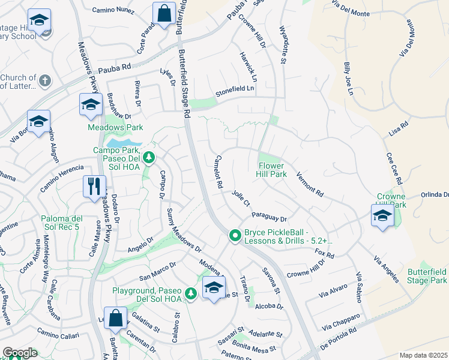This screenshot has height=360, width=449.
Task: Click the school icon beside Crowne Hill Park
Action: (382, 215)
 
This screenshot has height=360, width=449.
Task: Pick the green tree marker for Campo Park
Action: (149, 158)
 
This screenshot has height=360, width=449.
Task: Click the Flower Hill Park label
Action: (276, 170)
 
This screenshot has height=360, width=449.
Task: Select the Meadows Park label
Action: (115, 127)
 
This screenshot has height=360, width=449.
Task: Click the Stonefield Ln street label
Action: (235, 89)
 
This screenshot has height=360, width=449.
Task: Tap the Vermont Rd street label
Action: (310, 185)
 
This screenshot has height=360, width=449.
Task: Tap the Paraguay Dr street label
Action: (270, 215)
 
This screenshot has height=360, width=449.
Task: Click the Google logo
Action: (20, 353)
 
